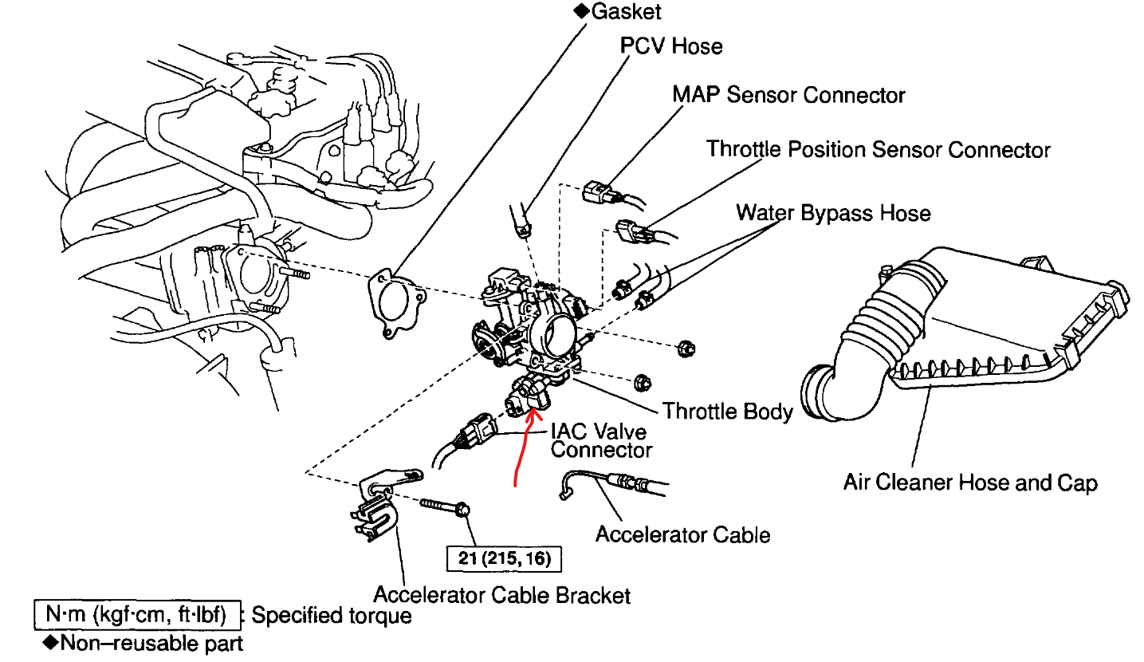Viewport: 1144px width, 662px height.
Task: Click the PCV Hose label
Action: click(x=671, y=46)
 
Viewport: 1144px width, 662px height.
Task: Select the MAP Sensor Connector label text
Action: click(x=788, y=95)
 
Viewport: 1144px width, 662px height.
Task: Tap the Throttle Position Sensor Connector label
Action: click(x=879, y=149)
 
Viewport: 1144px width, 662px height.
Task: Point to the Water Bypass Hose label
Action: click(x=833, y=213)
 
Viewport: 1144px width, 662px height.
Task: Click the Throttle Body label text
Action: click(x=728, y=412)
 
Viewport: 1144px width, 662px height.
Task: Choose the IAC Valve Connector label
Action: click(x=600, y=440)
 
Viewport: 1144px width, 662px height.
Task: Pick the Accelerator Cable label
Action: click(x=682, y=534)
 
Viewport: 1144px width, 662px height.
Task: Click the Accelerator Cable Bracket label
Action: click(x=502, y=595)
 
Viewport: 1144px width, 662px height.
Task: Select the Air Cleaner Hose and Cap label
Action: click(x=970, y=483)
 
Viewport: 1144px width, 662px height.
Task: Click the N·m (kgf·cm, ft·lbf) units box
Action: click(x=136, y=615)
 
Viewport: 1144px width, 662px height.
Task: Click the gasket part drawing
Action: click(x=396, y=304)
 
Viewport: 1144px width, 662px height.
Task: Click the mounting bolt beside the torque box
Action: click(x=444, y=507)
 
